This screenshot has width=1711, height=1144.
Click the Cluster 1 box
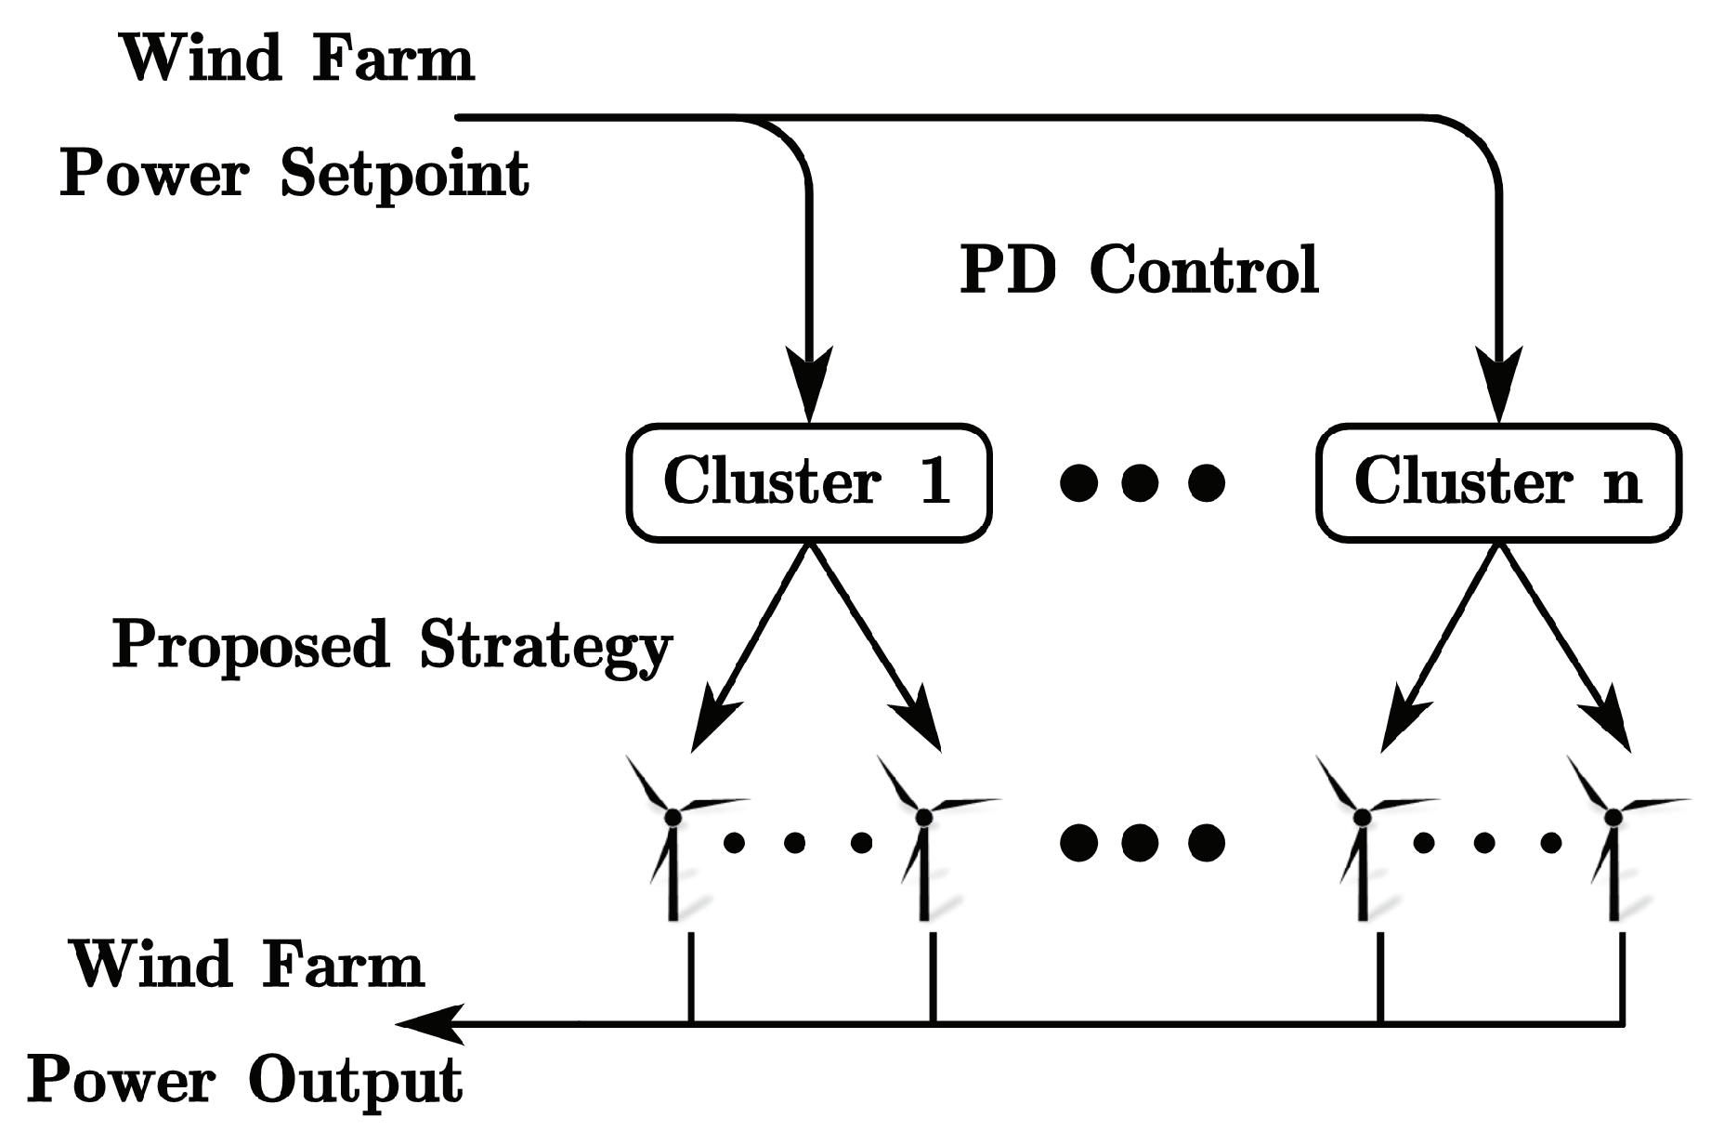click(808, 482)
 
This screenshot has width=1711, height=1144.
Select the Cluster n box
click(1497, 482)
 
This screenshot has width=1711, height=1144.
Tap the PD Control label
click(1138, 270)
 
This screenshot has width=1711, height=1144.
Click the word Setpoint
click(404, 174)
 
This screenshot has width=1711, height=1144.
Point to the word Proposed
click(250, 645)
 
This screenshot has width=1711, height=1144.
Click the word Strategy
click(545, 645)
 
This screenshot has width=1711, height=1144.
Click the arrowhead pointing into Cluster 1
click(808, 381)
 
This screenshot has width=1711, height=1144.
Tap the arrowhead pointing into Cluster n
click(1499, 381)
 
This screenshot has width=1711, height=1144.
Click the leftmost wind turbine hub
click(673, 817)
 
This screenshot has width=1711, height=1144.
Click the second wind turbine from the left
click(923, 836)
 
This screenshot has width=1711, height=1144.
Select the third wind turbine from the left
click(1362, 836)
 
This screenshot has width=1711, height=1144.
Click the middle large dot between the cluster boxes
click(1141, 482)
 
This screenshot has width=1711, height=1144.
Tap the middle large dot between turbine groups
click(1141, 842)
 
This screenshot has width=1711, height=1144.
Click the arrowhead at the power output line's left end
click(423, 1024)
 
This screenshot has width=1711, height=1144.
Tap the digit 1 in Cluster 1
click(935, 480)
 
